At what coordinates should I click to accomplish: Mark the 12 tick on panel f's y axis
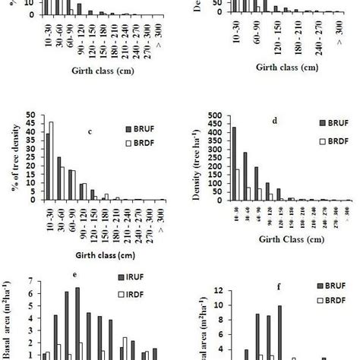(221, 290)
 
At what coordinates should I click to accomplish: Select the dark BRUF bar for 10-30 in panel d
(233, 163)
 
